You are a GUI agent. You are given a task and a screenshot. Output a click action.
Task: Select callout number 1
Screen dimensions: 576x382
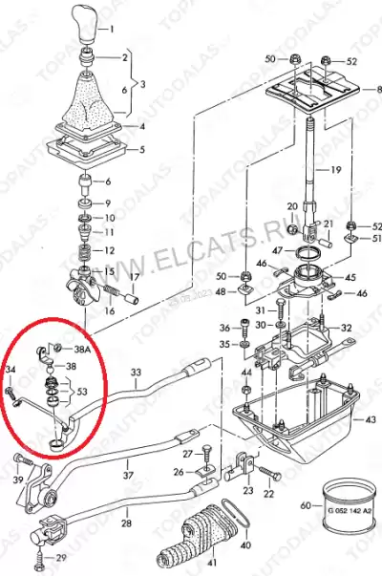pos(138,30)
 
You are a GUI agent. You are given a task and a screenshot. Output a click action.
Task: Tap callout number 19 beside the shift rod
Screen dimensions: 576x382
pos(334,169)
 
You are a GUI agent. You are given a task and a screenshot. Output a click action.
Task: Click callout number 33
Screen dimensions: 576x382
pos(136,372)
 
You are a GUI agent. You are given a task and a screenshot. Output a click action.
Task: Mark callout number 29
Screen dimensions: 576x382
pos(61,557)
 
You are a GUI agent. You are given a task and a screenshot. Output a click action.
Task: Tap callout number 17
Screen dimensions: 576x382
pos(135,278)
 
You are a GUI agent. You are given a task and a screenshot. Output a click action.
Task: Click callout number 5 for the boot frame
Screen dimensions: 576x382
pos(141,149)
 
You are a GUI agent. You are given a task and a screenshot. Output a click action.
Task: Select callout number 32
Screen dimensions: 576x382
pos(347,329)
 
